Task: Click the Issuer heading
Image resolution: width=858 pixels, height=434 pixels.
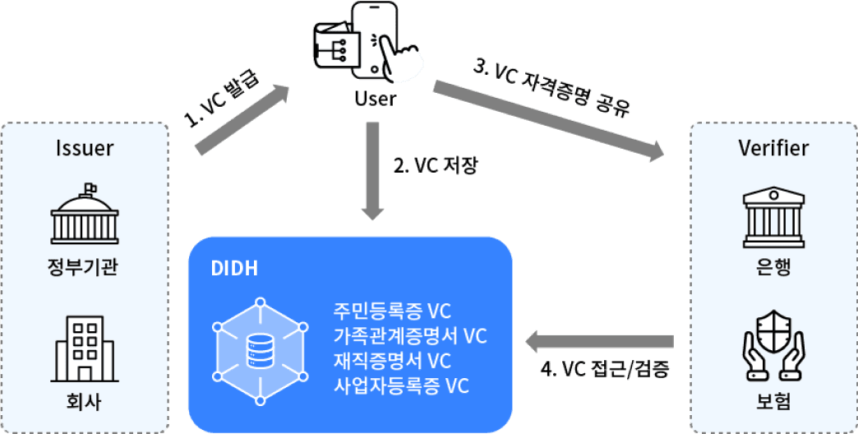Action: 85,149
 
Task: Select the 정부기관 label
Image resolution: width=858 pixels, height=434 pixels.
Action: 85,267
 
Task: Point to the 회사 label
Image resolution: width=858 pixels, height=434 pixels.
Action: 85,403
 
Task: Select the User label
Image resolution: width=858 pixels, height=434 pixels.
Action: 375,99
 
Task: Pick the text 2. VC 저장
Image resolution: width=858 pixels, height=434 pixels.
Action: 436,167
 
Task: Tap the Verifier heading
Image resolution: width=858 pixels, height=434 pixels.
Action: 773,149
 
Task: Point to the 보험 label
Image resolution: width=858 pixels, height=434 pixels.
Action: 773,403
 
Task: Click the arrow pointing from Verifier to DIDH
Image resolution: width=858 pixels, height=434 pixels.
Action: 599,340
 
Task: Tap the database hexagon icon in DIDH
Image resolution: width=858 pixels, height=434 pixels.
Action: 260,351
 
